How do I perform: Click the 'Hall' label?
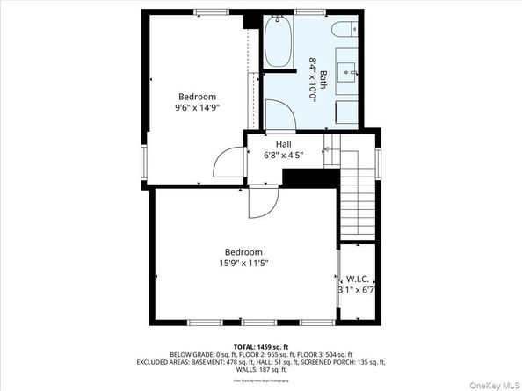tap(283, 145)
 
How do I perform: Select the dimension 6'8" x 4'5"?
tap(283, 156)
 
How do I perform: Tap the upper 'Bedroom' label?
tap(197, 97)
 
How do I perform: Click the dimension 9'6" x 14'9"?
tap(197, 108)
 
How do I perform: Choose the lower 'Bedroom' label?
tap(243, 252)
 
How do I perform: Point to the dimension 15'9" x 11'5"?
tap(243, 263)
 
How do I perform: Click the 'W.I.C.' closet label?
tap(357, 279)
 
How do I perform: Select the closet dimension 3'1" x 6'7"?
tap(357, 289)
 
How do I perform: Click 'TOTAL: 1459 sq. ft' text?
tap(260, 347)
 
